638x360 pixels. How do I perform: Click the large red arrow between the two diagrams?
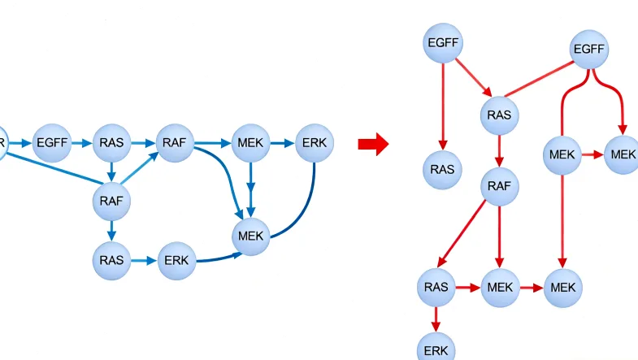click(373, 145)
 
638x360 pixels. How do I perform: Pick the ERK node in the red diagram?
click(436, 349)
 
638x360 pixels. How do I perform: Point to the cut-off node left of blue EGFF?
click(2, 142)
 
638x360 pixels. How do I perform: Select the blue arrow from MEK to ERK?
click(281, 143)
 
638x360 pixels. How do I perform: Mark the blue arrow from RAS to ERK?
click(144, 261)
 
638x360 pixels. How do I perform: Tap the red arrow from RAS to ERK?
click(436, 317)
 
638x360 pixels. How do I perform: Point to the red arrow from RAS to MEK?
click(467, 287)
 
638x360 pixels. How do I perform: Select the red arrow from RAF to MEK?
click(499, 240)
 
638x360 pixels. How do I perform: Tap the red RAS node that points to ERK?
click(436, 287)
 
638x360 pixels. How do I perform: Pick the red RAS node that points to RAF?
click(499, 115)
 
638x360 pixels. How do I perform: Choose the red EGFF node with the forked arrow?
click(588, 50)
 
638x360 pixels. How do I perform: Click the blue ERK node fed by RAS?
click(176, 261)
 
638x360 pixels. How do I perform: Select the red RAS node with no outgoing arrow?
click(443, 169)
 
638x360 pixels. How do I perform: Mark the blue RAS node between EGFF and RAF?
click(112, 143)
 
